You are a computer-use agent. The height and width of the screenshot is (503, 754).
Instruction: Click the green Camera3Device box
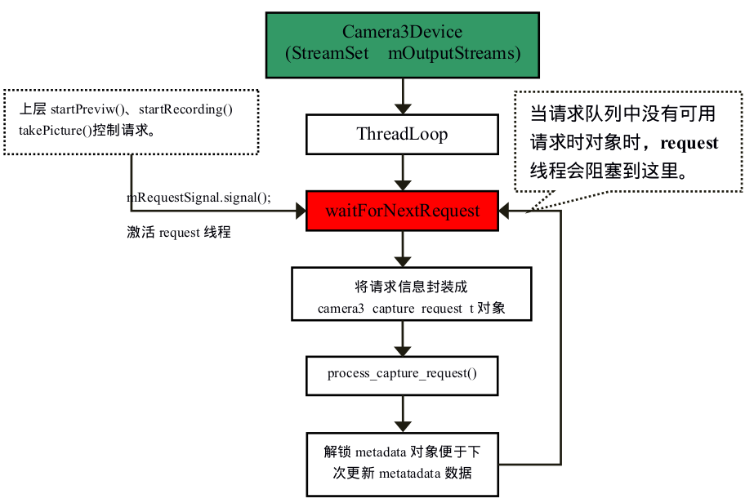click(x=402, y=44)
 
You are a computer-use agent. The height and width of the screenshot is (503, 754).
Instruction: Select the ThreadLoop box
click(x=401, y=134)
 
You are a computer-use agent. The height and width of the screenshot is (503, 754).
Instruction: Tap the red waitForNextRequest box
click(x=402, y=211)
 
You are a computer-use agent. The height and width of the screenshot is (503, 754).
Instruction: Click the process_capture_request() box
click(x=401, y=374)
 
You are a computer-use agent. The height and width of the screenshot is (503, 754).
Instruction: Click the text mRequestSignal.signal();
click(x=199, y=198)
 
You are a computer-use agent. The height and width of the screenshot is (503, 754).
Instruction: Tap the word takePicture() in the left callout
click(x=55, y=129)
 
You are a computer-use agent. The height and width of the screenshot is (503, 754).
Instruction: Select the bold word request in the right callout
click(x=689, y=144)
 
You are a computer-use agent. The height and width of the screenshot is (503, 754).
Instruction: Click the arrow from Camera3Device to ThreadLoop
click(x=401, y=96)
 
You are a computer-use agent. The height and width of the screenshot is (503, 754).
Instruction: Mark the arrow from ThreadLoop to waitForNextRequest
click(x=401, y=173)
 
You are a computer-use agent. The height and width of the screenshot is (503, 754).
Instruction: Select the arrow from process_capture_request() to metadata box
click(x=401, y=414)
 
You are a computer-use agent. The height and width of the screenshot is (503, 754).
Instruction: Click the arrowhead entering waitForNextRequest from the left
click(x=299, y=211)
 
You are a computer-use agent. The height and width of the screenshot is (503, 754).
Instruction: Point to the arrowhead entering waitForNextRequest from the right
click(x=506, y=211)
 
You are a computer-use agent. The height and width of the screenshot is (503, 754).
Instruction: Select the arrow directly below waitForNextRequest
click(x=401, y=248)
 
